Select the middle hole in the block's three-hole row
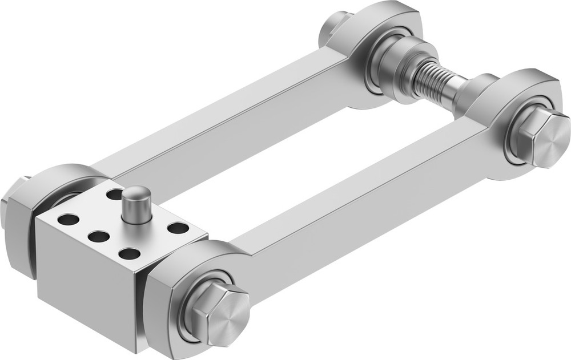click(99, 235)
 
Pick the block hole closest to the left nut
click(69, 219)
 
